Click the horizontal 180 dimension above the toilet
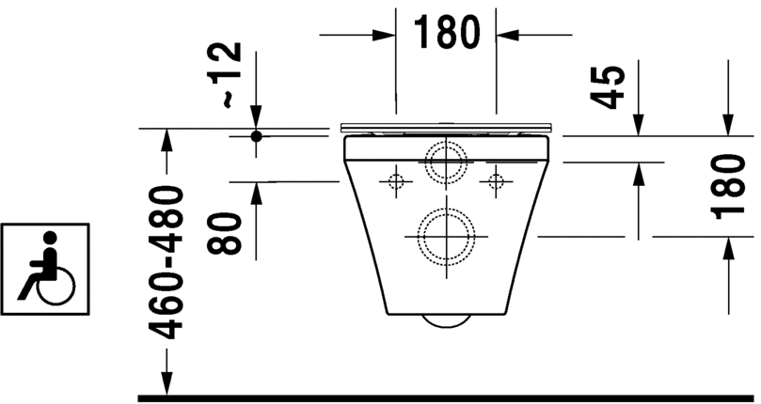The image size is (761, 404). pyautogui.click(x=446, y=34)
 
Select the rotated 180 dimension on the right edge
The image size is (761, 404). pyautogui.click(x=731, y=185)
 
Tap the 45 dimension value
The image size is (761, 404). pyautogui.click(x=610, y=86)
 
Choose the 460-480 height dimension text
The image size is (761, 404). pyautogui.click(x=166, y=262)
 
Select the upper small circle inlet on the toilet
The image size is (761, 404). pyautogui.click(x=445, y=163)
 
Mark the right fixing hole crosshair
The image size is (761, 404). pyautogui.click(x=495, y=179)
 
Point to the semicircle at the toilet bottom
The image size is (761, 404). pyautogui.click(x=446, y=319)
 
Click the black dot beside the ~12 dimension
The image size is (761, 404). pyautogui.click(x=255, y=135)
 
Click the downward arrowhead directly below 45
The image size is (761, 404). pyautogui.click(x=638, y=123)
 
